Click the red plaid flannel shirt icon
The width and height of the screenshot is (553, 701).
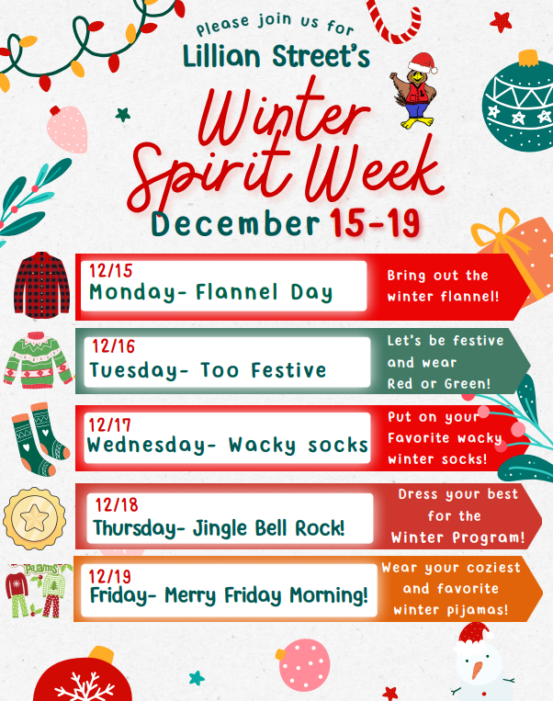tap(41, 284)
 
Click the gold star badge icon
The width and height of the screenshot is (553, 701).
tap(36, 516)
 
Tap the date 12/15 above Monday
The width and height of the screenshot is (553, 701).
tap(110, 271)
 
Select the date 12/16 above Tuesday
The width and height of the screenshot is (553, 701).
tap(112, 346)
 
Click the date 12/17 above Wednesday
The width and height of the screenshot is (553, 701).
tap(110, 424)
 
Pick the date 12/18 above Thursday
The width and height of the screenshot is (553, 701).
tap(116, 504)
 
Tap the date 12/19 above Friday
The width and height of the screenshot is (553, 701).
tap(112, 575)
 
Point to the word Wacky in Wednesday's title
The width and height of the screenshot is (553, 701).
tap(263, 446)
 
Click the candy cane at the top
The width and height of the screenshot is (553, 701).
tap(395, 20)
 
